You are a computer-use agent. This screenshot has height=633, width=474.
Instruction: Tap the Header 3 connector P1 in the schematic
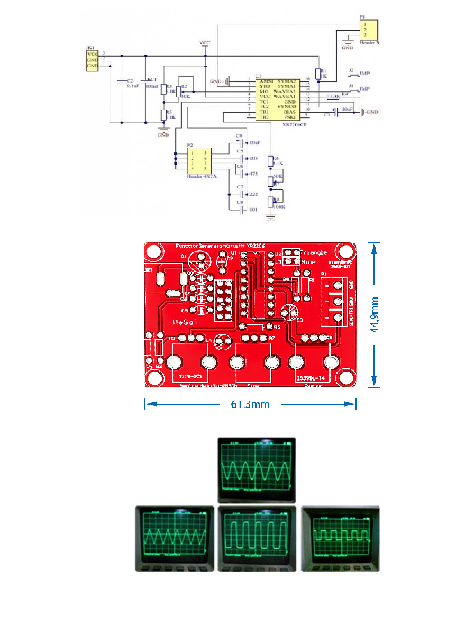click(x=368, y=30)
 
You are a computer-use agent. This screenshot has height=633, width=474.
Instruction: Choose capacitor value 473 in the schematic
click(x=254, y=173)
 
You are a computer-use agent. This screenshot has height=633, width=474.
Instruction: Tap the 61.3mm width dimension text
click(x=250, y=404)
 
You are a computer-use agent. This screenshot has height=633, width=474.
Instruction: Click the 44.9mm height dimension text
click(x=375, y=314)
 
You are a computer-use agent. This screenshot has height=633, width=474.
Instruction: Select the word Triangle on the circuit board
click(x=314, y=252)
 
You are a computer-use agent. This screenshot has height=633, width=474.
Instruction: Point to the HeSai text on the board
click(x=187, y=322)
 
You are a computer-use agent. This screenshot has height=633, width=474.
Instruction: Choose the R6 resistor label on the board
click(x=277, y=328)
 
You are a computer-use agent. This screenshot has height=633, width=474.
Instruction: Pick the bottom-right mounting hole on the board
click(x=346, y=378)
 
